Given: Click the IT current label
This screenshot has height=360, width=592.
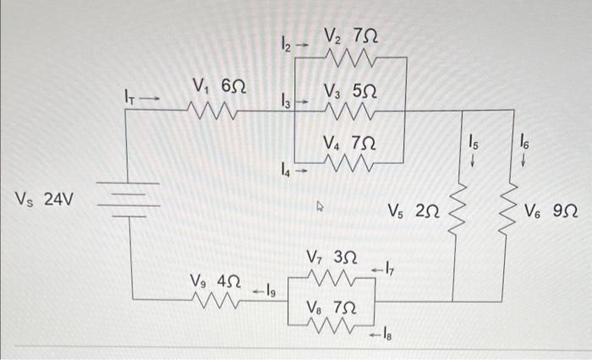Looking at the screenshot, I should (129, 100).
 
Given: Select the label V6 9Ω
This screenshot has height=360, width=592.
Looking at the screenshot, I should (551, 209).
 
